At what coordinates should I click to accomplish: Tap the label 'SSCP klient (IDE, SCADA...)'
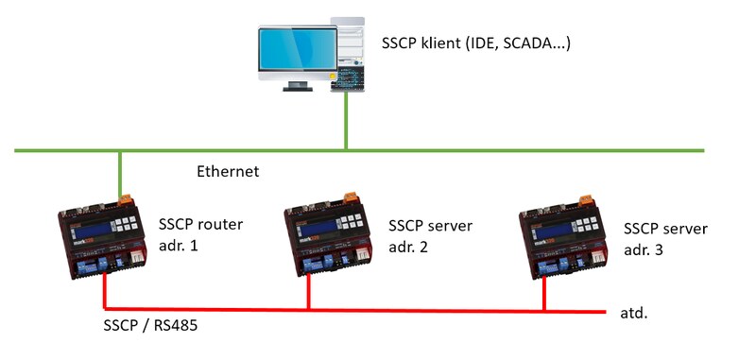(476, 43)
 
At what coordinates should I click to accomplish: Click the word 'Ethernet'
(228, 172)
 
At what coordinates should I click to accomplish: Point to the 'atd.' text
(633, 311)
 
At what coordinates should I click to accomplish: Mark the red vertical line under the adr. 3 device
(544, 295)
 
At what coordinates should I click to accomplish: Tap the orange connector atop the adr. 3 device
(585, 201)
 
